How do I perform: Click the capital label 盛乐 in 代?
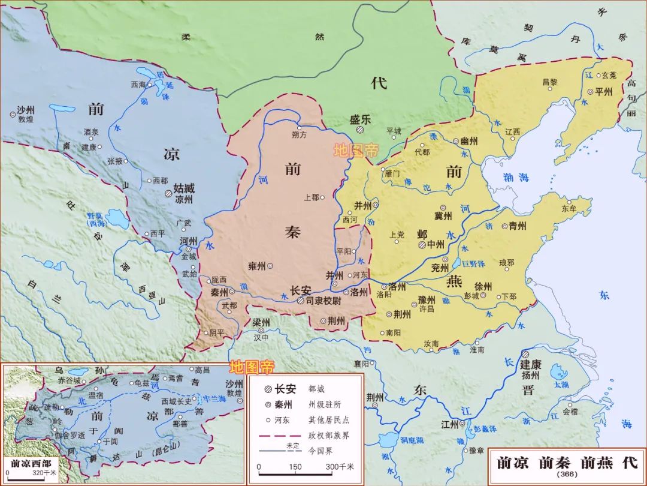point(360,119)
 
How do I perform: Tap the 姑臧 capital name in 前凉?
point(183,188)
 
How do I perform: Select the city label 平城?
point(394,130)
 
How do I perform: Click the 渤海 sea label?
point(516,178)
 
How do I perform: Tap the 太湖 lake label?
point(561,384)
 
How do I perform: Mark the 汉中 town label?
point(261,338)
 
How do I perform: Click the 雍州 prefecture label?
point(256,265)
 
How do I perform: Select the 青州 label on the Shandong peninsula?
point(517,226)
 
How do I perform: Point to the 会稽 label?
point(570,412)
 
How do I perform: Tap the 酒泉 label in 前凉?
point(91,132)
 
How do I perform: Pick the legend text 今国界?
point(320,449)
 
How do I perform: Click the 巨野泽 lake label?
point(478,262)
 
